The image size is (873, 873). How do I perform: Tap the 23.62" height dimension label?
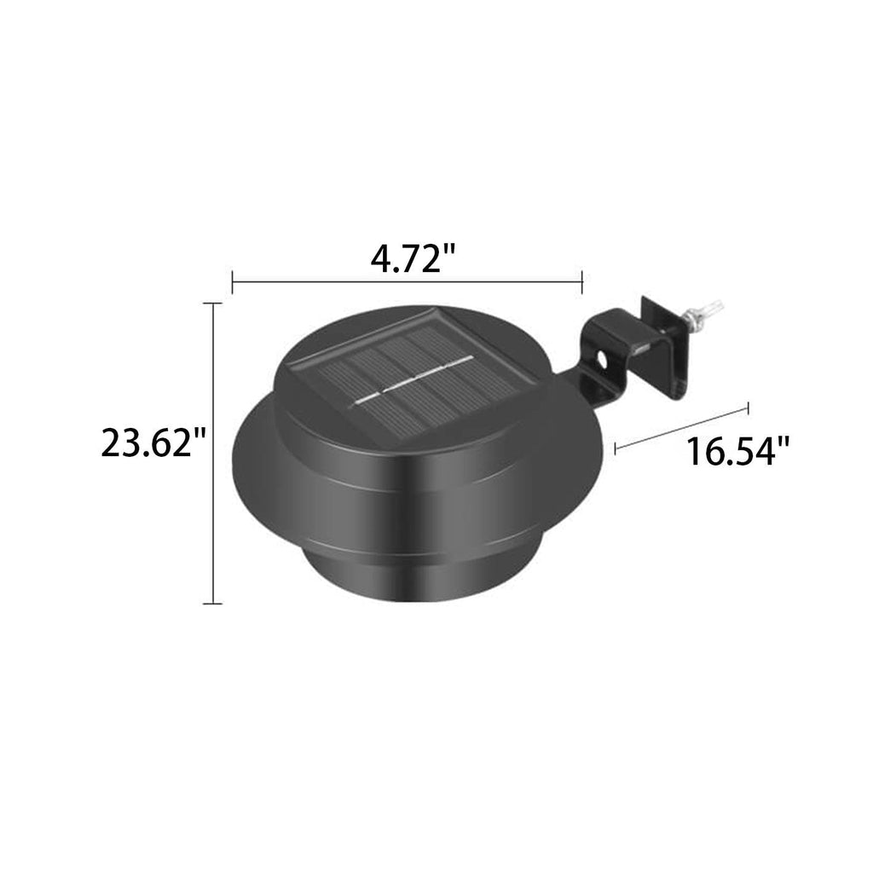(x=154, y=443)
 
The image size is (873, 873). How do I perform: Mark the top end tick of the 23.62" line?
(x=212, y=304)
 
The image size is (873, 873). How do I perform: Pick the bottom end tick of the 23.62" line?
(x=212, y=604)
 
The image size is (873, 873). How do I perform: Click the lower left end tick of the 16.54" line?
(x=616, y=446)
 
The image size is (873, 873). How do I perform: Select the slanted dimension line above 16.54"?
(x=682, y=426)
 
